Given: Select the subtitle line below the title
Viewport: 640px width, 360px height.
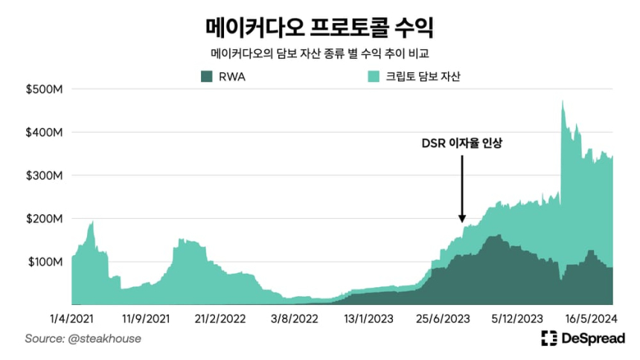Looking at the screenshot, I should click(319, 54).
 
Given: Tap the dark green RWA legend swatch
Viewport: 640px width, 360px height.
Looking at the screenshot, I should click(206, 76).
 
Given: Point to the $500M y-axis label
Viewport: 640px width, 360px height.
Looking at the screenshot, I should click(50, 89).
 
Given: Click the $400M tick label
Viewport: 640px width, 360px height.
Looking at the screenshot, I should click(50, 132).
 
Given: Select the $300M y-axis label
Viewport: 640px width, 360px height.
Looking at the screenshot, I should click(50, 176).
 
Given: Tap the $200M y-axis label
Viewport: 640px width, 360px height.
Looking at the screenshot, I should click(50, 219).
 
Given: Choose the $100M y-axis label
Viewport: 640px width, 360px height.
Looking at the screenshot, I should click(50, 262).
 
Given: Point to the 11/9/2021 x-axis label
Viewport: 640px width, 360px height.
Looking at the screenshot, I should click(146, 318).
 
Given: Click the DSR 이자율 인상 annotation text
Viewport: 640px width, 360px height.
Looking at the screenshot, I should click(462, 143).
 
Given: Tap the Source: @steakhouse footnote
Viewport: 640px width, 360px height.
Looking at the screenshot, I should click(83, 338).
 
